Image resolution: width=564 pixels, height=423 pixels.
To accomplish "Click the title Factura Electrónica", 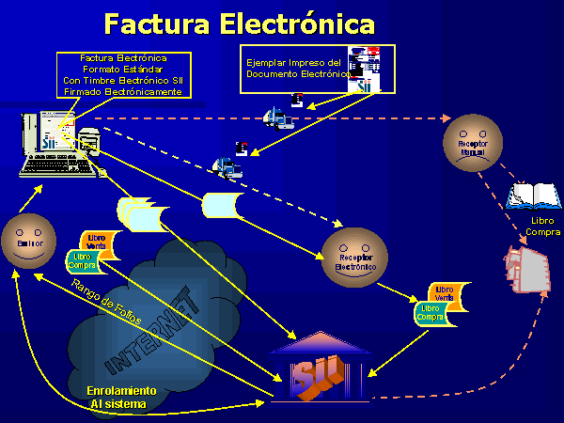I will coord(239,23).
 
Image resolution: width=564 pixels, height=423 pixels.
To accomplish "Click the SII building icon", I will coord(315,369).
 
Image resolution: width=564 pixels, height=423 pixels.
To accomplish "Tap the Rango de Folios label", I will coord(106,304).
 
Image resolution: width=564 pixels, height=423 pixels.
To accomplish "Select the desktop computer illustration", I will coord(59,146).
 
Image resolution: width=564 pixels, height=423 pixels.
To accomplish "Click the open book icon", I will coord(533,196).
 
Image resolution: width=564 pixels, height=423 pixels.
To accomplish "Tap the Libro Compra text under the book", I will coord(543,227).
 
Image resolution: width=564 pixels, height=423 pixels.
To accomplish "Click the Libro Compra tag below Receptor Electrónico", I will coord(431,313).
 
